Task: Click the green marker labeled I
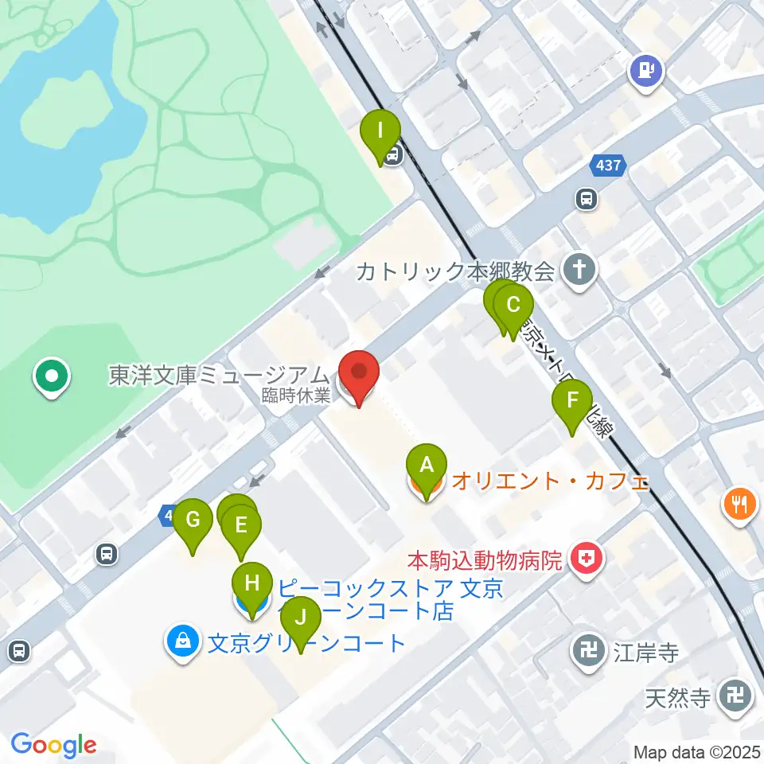pos(380,131)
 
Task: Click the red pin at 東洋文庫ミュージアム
pos(359,374)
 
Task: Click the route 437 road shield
pos(609,166)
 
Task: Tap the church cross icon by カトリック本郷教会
pos(579,271)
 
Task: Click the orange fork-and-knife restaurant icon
pos(739,504)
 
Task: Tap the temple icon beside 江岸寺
pos(589,653)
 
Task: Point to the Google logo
pos(53,745)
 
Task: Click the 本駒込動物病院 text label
pos(485,559)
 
